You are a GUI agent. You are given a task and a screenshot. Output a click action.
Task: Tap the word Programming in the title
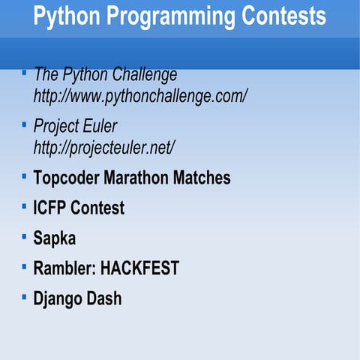[x=167, y=16]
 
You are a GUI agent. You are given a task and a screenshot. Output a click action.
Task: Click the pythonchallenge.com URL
[x=140, y=96]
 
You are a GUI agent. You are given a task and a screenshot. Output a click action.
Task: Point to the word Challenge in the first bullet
[x=144, y=75]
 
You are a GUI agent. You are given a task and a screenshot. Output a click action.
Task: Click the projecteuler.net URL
[x=104, y=147]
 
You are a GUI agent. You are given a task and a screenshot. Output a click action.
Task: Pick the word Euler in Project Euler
[x=100, y=126]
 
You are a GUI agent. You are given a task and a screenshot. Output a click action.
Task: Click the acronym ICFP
[x=50, y=208]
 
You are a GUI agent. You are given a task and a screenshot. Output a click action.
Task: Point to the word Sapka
[x=55, y=238]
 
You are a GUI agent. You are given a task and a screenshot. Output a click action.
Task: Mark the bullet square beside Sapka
[x=24, y=235]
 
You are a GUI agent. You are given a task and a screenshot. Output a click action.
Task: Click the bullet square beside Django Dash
[x=24, y=295]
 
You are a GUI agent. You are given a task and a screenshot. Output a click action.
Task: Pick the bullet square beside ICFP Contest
[x=24, y=205]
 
